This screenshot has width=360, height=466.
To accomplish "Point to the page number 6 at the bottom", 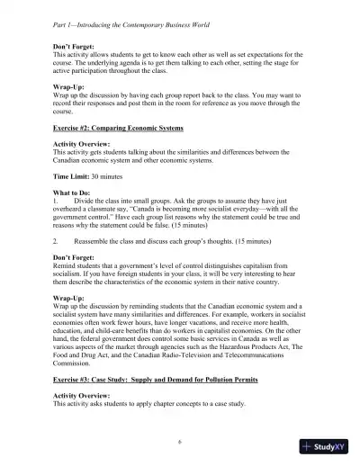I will click(180, 442).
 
